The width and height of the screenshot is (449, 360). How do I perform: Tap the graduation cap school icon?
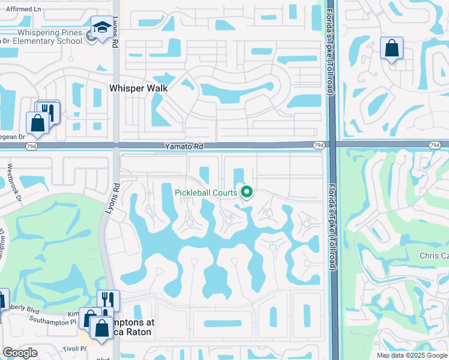click(102, 28)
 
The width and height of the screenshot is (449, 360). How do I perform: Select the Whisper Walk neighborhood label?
click(138, 88)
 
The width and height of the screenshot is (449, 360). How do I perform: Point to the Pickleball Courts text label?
click(206, 193)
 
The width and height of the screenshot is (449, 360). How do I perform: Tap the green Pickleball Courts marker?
click(246, 192)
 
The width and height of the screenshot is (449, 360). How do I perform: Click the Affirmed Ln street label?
click(20, 10)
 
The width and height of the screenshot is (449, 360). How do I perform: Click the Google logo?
click(20, 353)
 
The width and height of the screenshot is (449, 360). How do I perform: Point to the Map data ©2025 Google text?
click(412, 355)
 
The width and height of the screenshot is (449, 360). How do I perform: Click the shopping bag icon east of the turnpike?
click(391, 49)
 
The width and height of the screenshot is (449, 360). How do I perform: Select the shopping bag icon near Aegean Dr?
click(37, 123)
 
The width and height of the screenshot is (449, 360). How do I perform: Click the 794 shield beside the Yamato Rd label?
click(319, 145)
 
